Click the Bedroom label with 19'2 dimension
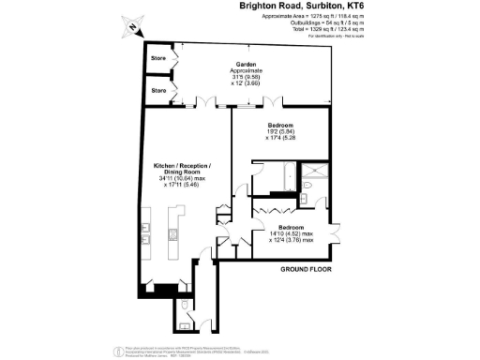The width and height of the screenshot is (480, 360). [x=281, y=126]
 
